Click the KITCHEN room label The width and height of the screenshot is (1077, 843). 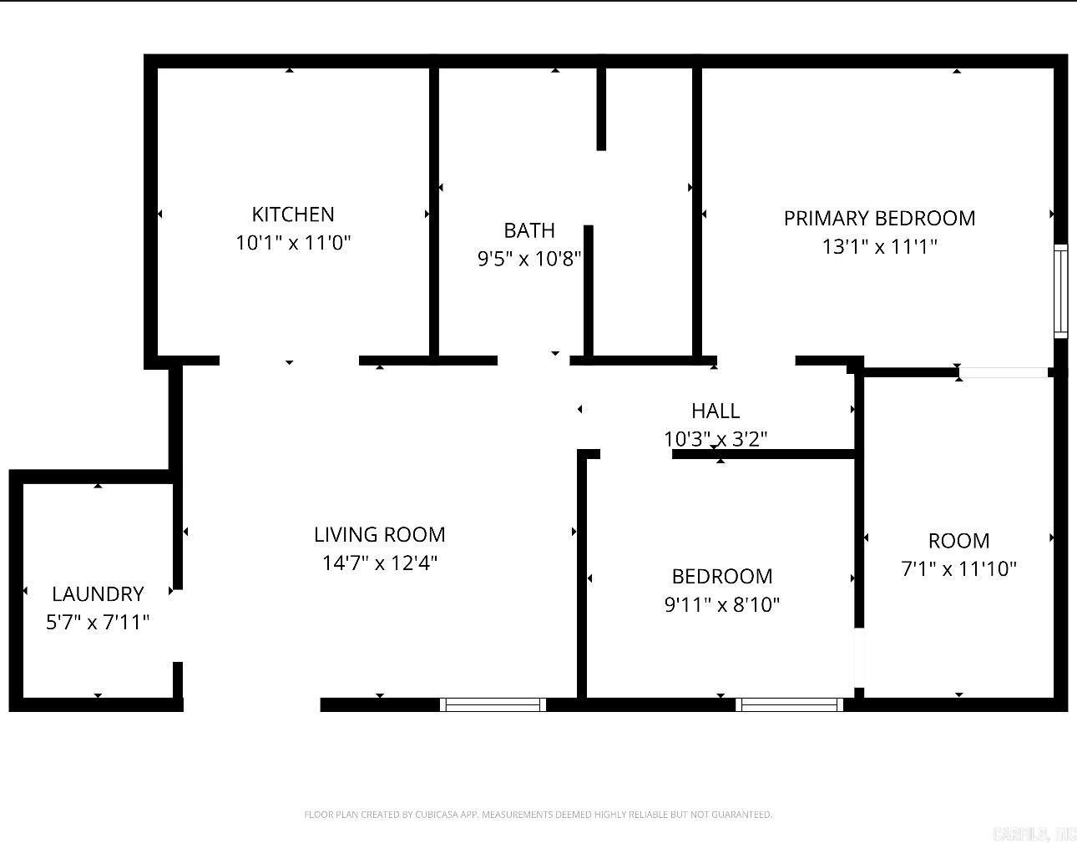[293, 215]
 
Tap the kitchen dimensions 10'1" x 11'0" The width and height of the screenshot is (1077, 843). [293, 243]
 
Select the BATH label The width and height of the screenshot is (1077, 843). [529, 230]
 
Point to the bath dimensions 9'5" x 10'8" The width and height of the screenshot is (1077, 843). [529, 259]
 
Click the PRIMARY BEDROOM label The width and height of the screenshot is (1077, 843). [879, 218]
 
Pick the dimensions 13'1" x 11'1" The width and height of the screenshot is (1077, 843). [879, 246]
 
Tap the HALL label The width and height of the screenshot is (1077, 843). [715, 411]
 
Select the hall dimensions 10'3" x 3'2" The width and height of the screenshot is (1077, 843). [715, 438]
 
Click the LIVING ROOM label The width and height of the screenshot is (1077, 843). [380, 534]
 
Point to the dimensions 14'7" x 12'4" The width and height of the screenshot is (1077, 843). [380, 563]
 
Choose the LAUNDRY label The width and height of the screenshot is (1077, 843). [98, 593]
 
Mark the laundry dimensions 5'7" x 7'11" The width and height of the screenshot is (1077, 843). [98, 622]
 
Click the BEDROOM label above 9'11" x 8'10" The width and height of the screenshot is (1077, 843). [722, 576]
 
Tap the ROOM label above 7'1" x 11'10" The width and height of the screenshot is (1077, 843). [958, 540]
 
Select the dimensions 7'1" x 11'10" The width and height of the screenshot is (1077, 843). [958, 568]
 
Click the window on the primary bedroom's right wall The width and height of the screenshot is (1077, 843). [1060, 290]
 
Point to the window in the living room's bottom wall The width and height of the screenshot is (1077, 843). [493, 704]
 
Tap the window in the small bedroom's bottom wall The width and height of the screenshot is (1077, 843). [789, 704]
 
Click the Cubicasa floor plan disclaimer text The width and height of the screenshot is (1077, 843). [538, 815]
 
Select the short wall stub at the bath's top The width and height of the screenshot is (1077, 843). [601, 109]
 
